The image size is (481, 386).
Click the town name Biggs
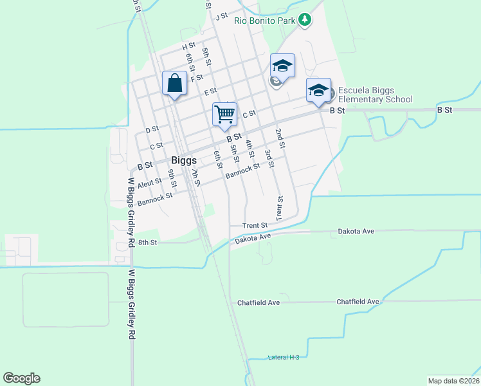point(183,160)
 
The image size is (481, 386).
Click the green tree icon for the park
point(305,21)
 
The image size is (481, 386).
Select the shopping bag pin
point(175,84)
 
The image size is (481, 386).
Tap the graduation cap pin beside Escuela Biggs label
point(318,90)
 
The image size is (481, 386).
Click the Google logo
point(21,378)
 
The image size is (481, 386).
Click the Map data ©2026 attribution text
point(453,380)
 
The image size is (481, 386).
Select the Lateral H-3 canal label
point(284,357)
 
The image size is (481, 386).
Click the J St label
point(222,16)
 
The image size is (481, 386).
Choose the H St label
point(188,46)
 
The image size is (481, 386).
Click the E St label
point(210,93)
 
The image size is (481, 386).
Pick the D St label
point(152,130)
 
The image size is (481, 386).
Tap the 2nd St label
point(280,138)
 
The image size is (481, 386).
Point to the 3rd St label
point(269,158)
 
